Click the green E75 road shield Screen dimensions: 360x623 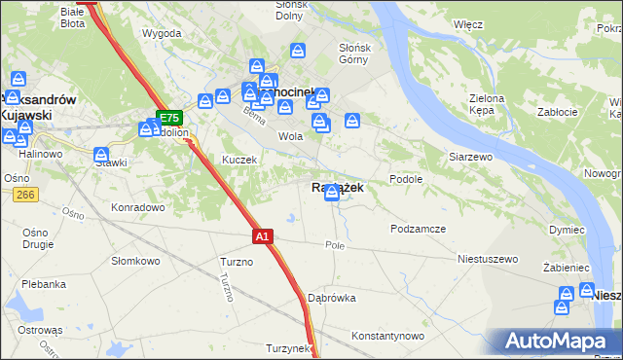[x=168, y=117]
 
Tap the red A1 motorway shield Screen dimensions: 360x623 [x=262, y=235]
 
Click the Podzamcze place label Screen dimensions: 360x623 [x=418, y=229]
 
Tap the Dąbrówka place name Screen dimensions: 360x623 [x=331, y=298]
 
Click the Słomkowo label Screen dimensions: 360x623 [x=135, y=261]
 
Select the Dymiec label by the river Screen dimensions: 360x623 [x=567, y=229]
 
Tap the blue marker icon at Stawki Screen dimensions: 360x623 [x=101, y=155]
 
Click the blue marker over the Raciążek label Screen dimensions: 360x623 [x=333, y=193]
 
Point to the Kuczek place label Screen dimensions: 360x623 [x=239, y=160]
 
